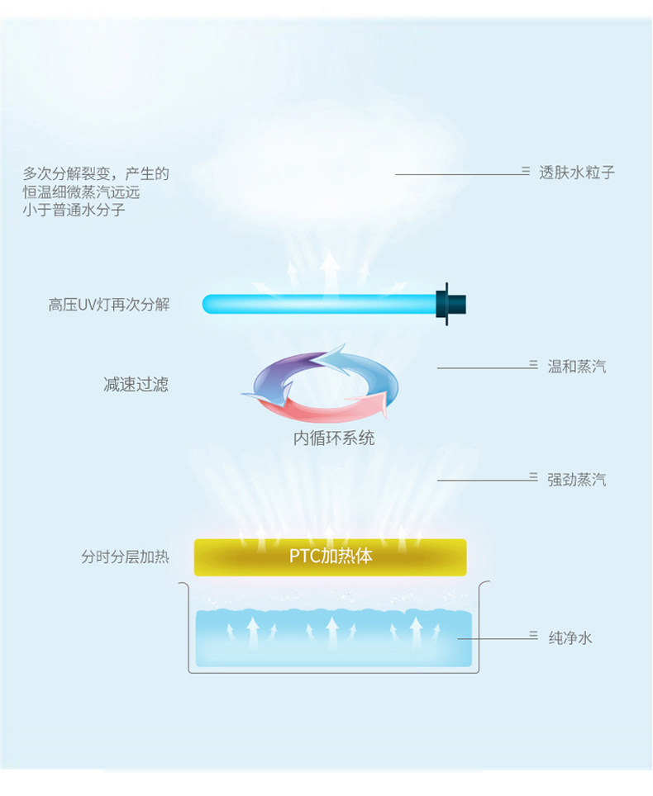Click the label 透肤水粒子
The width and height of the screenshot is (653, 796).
tap(577, 173)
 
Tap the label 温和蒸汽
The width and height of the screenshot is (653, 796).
tap(577, 367)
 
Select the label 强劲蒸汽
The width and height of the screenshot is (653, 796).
tap(577, 480)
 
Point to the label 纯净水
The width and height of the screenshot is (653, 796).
tap(570, 638)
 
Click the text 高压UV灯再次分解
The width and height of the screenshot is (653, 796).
tap(109, 305)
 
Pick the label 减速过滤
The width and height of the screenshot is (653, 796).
tap(136, 385)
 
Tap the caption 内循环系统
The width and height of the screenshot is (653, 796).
tap(334, 438)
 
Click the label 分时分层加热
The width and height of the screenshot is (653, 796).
tap(125, 557)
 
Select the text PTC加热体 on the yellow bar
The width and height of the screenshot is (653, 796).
tap(331, 557)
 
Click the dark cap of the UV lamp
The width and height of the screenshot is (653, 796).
tap(450, 304)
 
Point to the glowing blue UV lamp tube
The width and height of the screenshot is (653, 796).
tap(320, 304)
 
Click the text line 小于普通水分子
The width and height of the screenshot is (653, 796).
tap(74, 211)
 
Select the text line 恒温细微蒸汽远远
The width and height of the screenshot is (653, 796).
tap(81, 192)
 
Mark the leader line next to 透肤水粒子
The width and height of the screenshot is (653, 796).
tap(462, 174)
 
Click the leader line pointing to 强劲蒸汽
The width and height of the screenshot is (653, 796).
tap(488, 480)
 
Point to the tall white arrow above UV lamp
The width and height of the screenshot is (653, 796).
tap(331, 272)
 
